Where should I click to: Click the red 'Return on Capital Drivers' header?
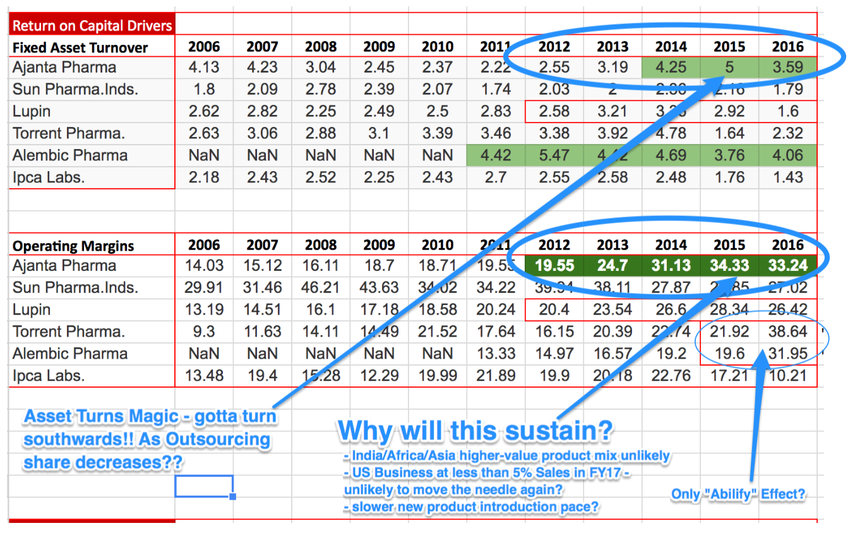pos(92,26)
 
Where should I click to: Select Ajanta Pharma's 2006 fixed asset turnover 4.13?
pos(204,68)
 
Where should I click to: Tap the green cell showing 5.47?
pos(554,155)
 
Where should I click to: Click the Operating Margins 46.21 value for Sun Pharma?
pos(320,288)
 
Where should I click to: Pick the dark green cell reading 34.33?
pos(729,266)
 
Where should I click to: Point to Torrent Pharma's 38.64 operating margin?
pos(787,332)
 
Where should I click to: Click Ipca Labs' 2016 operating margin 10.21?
pos(787,376)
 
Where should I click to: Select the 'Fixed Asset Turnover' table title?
pos(80,47)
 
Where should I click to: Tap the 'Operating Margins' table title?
pos(73,246)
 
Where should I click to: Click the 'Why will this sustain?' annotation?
pos(475,431)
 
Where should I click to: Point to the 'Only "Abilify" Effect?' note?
pos(738,494)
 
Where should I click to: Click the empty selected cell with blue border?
pos(204,486)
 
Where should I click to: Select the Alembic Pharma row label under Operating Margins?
pos(69,354)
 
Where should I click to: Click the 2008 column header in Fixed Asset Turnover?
pos(320,47)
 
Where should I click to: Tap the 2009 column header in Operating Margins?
pos(379,245)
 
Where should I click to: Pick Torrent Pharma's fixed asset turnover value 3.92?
pos(612,134)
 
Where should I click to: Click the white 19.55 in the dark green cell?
pos(554,266)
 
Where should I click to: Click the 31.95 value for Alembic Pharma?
pos(787,354)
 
